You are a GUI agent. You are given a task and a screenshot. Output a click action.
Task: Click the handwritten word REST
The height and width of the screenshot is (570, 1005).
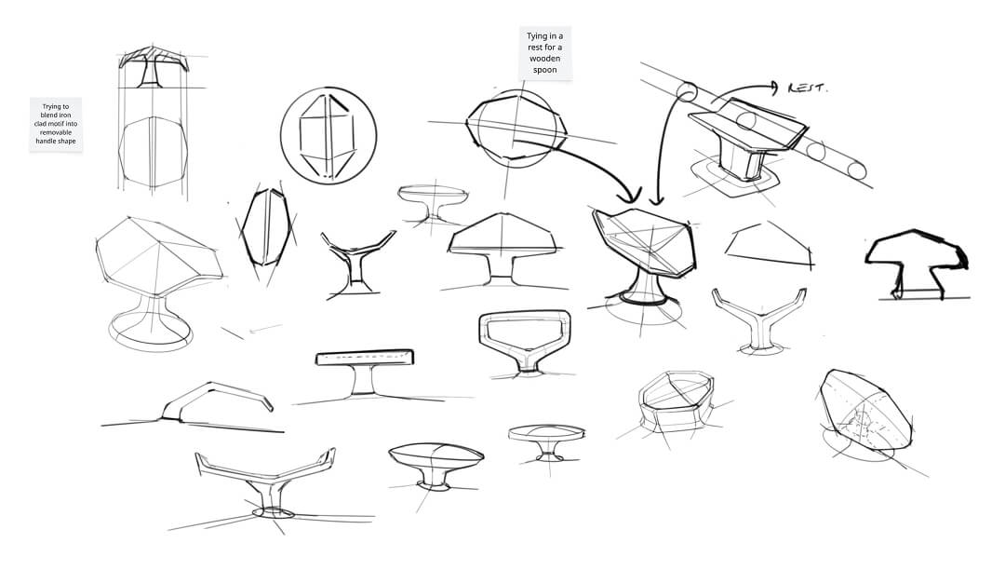tap(808, 88)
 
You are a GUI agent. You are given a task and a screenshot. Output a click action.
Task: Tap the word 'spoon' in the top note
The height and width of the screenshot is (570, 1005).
tap(544, 70)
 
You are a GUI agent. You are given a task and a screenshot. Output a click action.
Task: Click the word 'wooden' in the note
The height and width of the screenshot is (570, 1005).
tap(544, 59)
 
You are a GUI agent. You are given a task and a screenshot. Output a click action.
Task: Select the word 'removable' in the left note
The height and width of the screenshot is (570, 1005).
tap(56, 132)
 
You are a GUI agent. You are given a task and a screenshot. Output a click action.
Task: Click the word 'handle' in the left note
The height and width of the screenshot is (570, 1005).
tap(46, 141)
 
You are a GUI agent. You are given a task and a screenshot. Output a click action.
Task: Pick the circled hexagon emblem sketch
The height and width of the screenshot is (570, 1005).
tap(328, 136)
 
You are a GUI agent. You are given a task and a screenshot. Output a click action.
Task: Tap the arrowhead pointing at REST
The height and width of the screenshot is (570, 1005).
tap(774, 88)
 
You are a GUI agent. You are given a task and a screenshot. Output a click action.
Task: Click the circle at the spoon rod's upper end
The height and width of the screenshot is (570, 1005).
tap(687, 91)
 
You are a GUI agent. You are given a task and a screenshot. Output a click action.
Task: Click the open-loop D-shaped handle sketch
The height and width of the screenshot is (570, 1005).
tap(524, 342)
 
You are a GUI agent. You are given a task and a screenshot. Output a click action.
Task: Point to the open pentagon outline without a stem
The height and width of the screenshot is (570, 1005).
tap(770, 246)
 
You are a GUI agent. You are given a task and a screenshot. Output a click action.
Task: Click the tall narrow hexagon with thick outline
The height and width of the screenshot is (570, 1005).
tap(265, 227)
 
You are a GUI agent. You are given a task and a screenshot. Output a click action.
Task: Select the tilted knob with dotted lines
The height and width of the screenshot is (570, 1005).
tap(865, 411)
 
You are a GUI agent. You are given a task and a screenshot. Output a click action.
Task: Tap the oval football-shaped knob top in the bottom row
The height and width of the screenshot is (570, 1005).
tap(435, 455)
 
